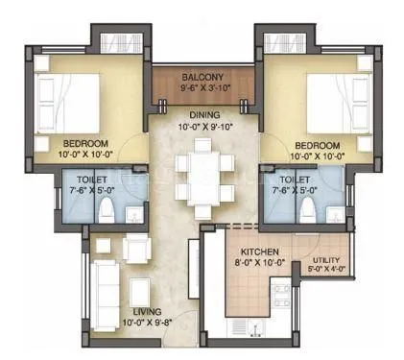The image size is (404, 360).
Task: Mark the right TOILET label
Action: point(294,179)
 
